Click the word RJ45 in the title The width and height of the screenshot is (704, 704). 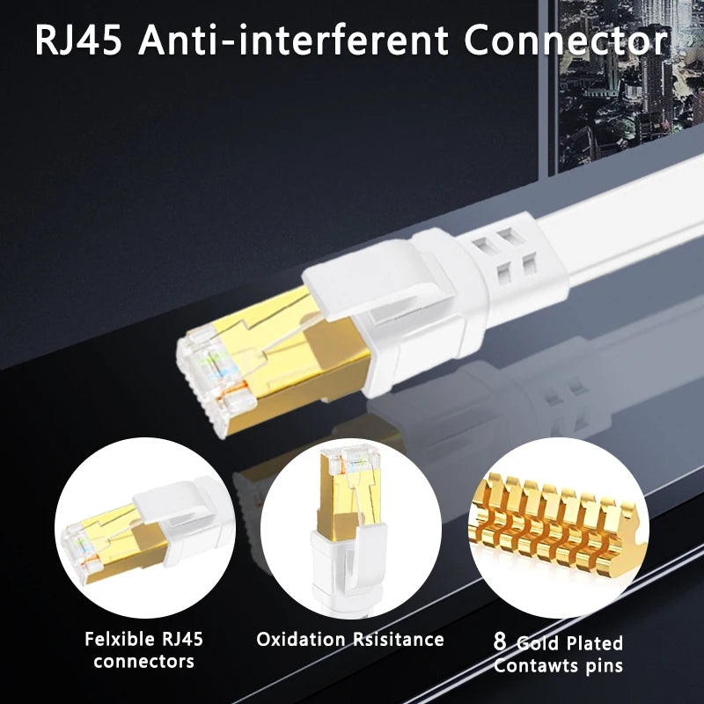[x=78, y=40]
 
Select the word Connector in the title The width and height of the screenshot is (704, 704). [x=566, y=40]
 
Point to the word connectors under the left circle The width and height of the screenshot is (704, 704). [x=143, y=662]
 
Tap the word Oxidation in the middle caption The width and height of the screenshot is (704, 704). [x=301, y=639]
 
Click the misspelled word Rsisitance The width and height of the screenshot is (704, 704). [x=399, y=639]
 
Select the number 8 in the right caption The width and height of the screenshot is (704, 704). [x=500, y=642]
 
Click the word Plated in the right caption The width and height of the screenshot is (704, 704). [x=595, y=643]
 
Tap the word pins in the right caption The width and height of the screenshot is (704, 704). [x=605, y=666]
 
